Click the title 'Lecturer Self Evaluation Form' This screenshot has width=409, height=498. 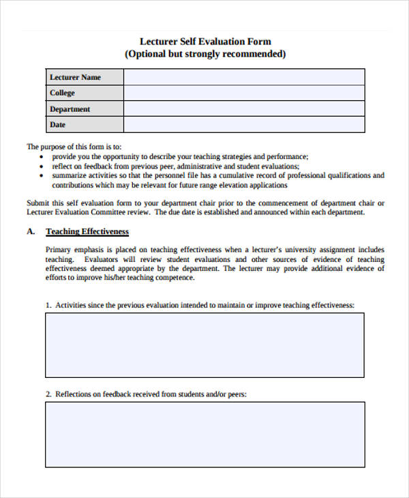[205, 42]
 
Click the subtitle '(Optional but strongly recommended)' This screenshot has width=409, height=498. [205, 54]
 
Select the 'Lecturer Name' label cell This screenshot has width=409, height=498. [75, 77]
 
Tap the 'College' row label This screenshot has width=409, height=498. [62, 93]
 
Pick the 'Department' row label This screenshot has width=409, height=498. [70, 109]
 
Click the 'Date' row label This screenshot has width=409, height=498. [58, 125]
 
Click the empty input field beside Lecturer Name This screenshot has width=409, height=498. [244, 77]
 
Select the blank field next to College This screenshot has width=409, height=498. [244, 93]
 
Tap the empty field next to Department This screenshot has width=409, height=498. [244, 109]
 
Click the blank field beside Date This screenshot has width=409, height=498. [244, 125]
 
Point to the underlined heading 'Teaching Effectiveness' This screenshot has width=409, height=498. [87, 231]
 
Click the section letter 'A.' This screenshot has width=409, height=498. [31, 231]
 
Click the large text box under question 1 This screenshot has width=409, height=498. [205, 345]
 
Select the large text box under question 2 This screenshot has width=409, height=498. [205, 434]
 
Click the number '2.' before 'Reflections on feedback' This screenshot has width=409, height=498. [48, 394]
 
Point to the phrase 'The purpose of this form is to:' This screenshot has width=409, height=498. [74, 147]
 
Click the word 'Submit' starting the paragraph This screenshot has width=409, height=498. [38, 203]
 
